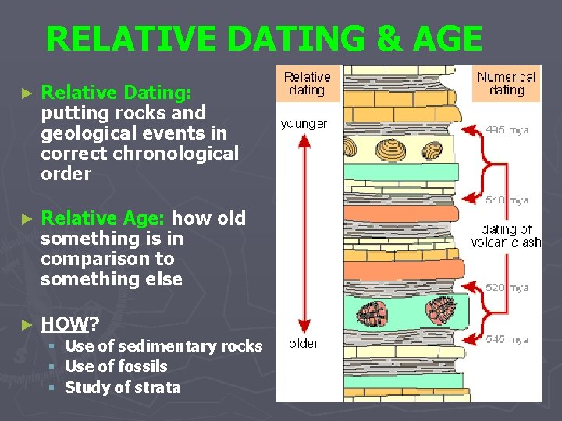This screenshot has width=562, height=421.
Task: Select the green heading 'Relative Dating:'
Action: (x=116, y=93)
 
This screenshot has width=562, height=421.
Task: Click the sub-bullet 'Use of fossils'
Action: (x=116, y=366)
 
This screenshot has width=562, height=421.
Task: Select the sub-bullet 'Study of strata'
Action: (x=123, y=387)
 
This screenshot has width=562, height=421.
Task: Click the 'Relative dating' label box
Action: (x=307, y=83)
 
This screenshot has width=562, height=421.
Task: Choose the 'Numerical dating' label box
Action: (x=507, y=83)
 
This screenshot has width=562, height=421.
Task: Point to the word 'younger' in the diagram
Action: (x=304, y=124)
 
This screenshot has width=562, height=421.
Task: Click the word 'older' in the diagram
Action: (x=304, y=344)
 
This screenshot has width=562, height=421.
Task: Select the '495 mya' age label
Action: (x=507, y=130)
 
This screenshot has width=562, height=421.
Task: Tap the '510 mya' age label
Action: (x=507, y=200)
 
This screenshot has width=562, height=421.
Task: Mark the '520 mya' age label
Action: (x=507, y=288)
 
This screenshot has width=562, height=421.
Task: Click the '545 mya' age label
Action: (x=507, y=339)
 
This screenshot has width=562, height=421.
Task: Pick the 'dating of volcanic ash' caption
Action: (x=507, y=235)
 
